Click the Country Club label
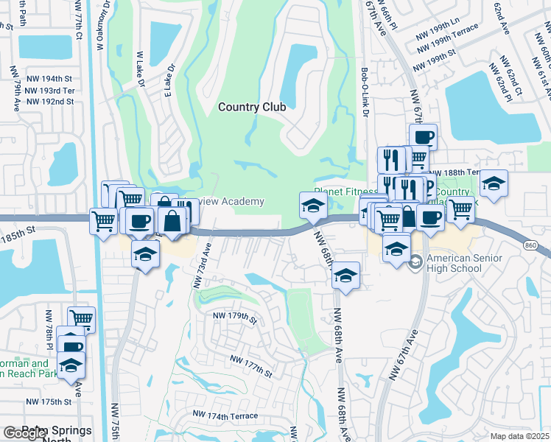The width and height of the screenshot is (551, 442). (x=252, y=107)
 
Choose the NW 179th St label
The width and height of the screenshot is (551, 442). (x=234, y=317)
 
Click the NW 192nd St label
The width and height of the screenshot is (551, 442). (x=49, y=102)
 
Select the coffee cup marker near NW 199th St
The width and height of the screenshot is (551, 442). (x=423, y=136)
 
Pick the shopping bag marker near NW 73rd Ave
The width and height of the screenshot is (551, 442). (x=172, y=220)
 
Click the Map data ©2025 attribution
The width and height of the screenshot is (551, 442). (x=520, y=436)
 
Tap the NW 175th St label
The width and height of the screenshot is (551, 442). (x=49, y=402)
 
